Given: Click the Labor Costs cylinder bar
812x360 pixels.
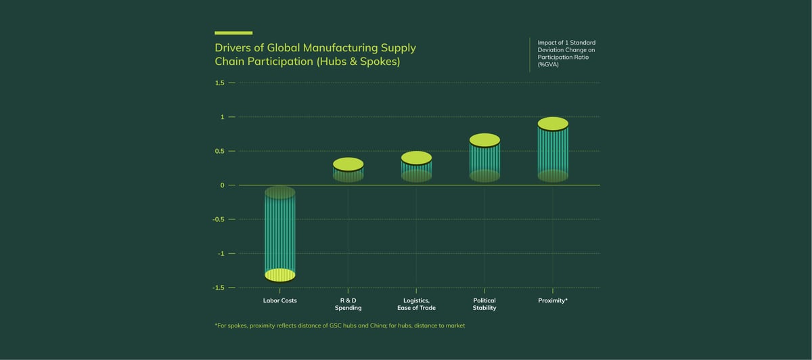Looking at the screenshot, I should [x=279, y=233].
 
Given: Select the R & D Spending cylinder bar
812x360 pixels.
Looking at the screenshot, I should [x=348, y=171].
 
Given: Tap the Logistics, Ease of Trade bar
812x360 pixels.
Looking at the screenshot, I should [x=416, y=167].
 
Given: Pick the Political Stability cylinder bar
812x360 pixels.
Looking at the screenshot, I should [x=484, y=158].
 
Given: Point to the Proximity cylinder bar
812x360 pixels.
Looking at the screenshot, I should [x=553, y=150].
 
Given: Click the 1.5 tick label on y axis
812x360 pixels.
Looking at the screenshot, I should [x=219, y=83].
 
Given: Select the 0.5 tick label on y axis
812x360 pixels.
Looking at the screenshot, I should [x=219, y=151].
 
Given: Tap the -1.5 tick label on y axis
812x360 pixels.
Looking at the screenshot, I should [x=219, y=288].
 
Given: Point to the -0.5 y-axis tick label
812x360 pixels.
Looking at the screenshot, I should [x=219, y=219].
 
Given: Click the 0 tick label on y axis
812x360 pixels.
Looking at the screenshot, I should [x=222, y=185].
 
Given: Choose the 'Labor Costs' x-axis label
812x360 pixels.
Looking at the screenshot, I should [x=279, y=300].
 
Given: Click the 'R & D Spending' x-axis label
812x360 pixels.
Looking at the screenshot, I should [x=348, y=304].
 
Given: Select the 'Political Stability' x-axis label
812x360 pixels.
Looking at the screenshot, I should [x=484, y=304].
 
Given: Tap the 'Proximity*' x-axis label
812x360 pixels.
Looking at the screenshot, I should [x=553, y=300].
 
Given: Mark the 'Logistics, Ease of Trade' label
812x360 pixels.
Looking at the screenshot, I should [x=416, y=304].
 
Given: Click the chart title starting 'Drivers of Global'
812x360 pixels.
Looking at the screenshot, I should [x=315, y=54].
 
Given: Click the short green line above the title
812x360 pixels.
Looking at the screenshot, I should [x=233, y=32].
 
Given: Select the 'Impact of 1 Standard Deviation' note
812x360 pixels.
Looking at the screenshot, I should [x=566, y=53].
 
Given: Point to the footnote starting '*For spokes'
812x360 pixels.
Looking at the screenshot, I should [x=340, y=325].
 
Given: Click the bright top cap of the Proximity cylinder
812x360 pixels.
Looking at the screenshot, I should [x=553, y=124].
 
